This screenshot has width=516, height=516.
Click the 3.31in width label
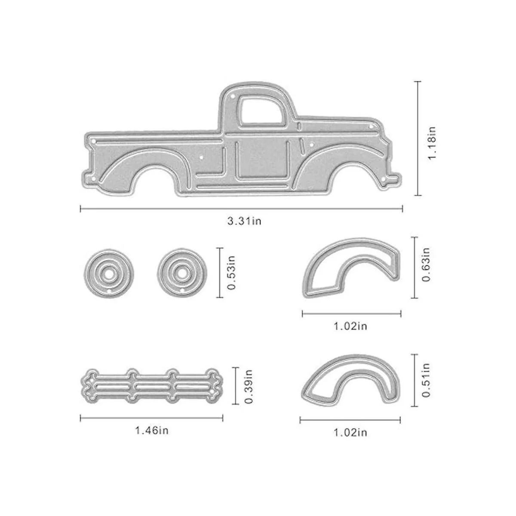pos(244,221)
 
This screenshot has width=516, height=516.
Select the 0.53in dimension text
pos(231,273)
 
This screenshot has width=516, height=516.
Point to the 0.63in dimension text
pos(426,264)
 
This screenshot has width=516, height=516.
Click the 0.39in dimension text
pos(249,387)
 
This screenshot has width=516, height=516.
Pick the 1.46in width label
pos(152,430)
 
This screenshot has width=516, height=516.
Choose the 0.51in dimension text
pos(426,380)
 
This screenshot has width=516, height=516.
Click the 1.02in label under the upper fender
pos(350,326)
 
